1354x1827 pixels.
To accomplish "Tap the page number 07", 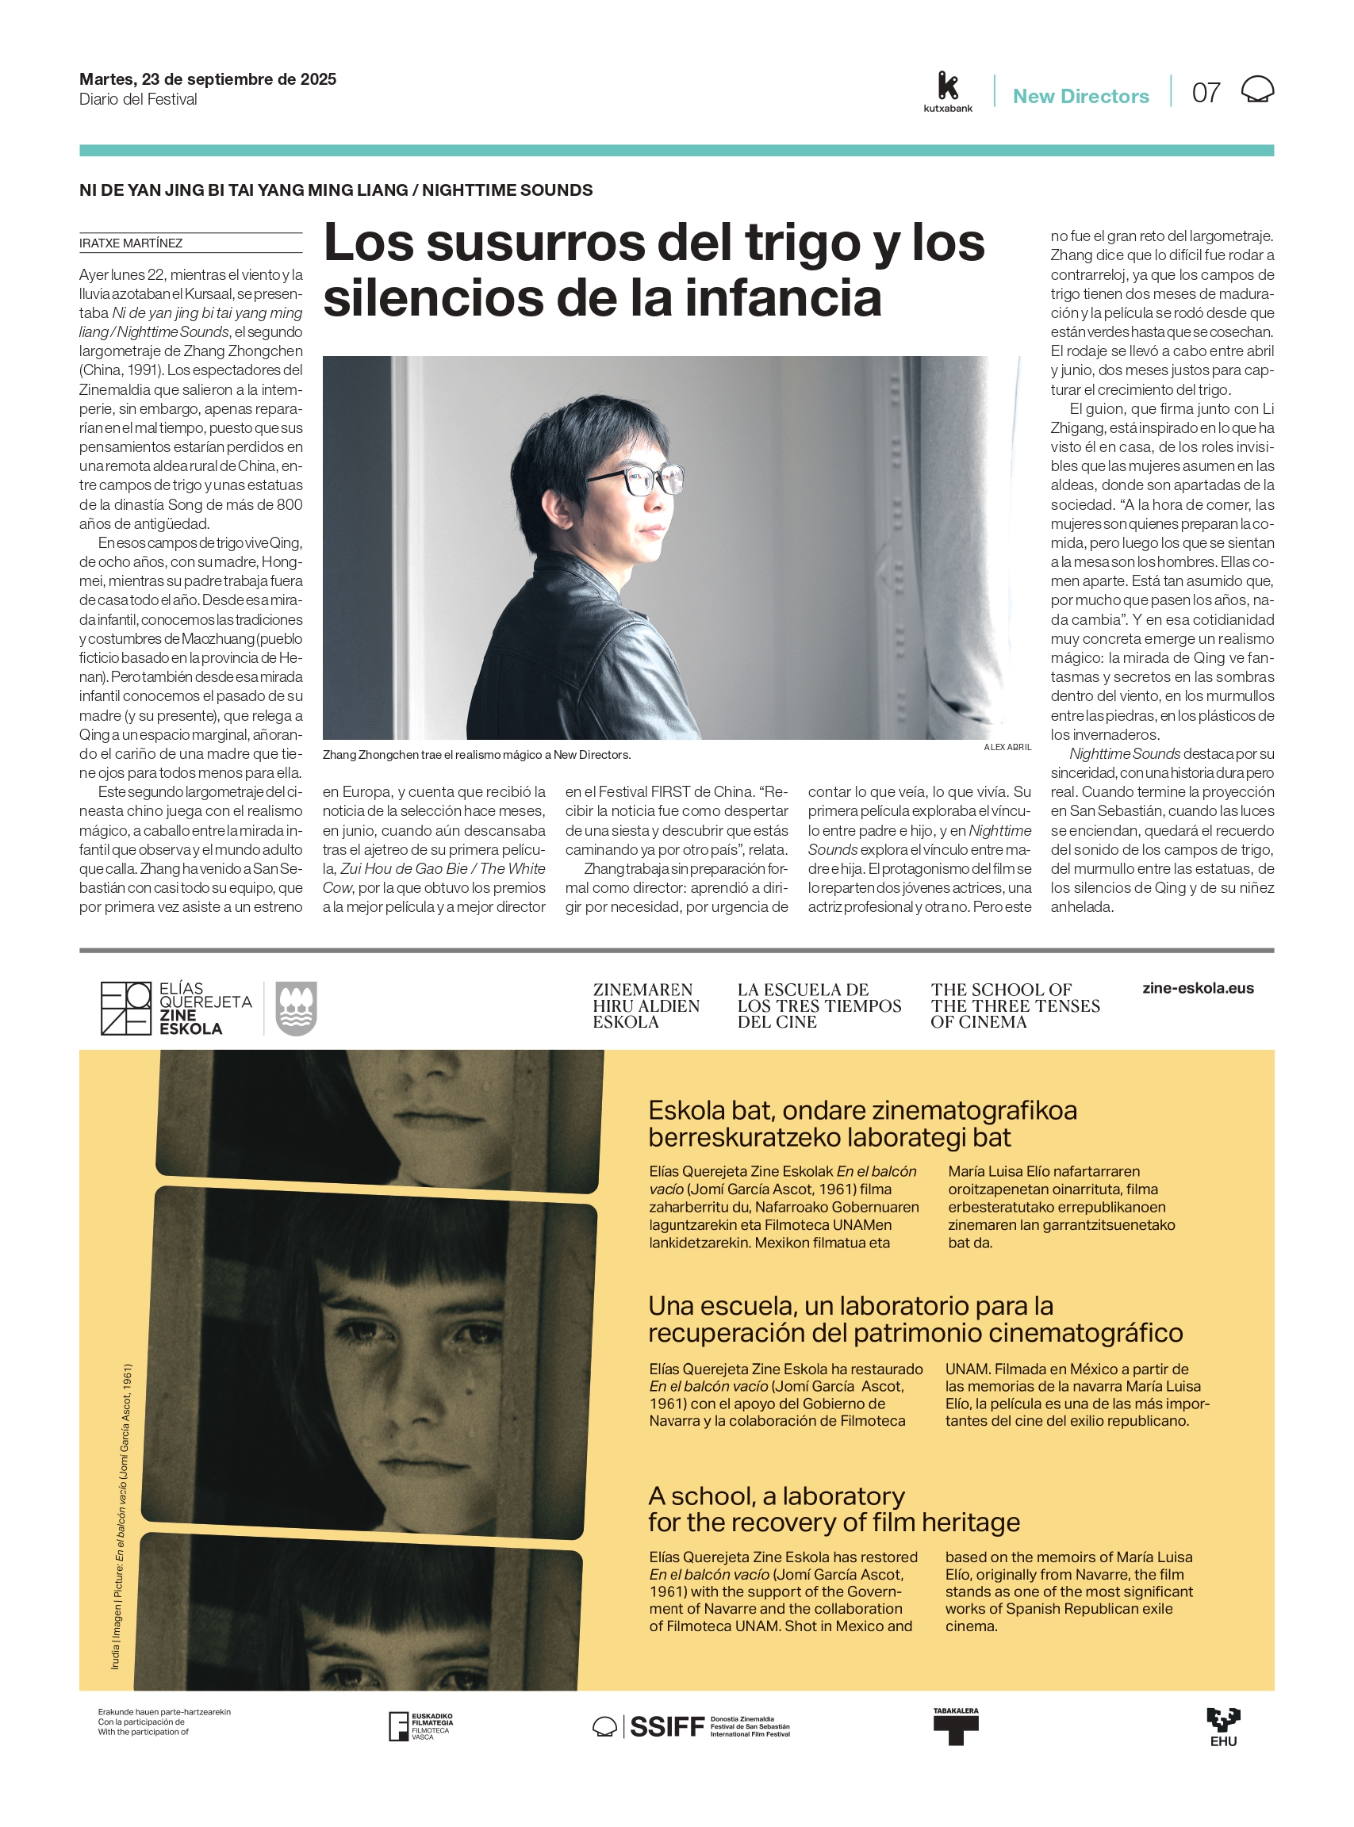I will [x=1206, y=94].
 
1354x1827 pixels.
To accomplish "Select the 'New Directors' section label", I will [x=1080, y=97].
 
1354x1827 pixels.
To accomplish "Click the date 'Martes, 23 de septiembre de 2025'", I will [x=207, y=79].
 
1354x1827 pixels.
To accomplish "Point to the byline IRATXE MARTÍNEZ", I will [x=131, y=243].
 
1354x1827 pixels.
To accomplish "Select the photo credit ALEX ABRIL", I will [x=1007, y=747].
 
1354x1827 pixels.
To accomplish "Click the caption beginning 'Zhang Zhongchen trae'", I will [x=476, y=755].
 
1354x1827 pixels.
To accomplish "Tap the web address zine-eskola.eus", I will [x=1198, y=988].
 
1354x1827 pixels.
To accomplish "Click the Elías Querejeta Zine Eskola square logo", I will [x=126, y=1009].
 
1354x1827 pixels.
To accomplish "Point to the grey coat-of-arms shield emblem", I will [x=296, y=1009].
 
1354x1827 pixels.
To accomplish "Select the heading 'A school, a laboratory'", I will [x=777, y=1496].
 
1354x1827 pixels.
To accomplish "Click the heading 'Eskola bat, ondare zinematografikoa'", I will [x=862, y=1111].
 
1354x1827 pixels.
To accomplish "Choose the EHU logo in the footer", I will [x=1223, y=1726].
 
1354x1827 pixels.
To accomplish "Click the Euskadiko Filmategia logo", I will [x=420, y=1726].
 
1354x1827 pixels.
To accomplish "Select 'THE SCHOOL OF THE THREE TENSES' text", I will [x=1015, y=1005].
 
